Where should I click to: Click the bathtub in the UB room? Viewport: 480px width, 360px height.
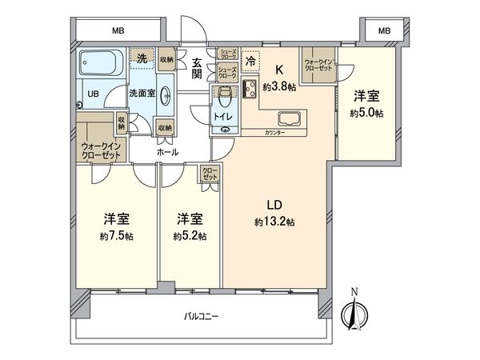coord(100,63)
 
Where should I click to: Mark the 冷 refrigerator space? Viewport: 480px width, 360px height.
coord(250,59)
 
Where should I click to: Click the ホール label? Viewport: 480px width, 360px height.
coord(167,151)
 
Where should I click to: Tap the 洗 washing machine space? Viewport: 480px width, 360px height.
coord(142,58)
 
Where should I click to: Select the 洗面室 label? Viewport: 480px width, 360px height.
coord(143,93)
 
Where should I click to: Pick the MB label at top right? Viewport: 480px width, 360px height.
coord(385,30)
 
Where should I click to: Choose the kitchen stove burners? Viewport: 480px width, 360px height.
coord(248,87)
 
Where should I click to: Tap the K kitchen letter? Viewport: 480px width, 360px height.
coord(280,70)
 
